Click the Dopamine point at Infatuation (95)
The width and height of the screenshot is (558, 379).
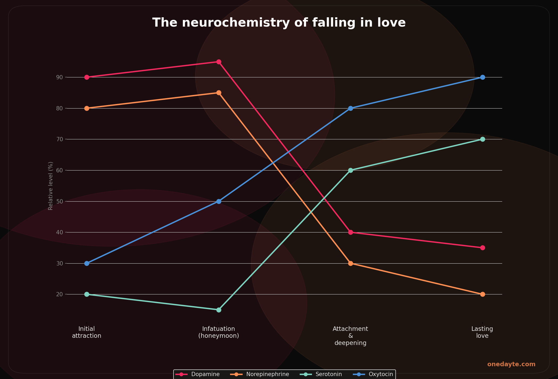(x=219, y=62)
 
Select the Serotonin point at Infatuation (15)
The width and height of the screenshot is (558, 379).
(x=219, y=310)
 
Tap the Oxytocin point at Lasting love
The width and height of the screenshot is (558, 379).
(x=483, y=77)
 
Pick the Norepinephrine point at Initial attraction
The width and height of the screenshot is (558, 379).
(x=87, y=108)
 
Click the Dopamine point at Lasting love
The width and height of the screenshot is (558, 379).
(x=483, y=248)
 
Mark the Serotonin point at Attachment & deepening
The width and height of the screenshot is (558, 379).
(x=350, y=170)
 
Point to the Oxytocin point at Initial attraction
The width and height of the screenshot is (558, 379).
(x=87, y=263)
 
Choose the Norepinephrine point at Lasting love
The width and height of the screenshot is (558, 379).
(x=483, y=294)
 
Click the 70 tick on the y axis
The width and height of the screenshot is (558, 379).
(x=60, y=139)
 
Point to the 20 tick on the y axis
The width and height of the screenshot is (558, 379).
(x=60, y=294)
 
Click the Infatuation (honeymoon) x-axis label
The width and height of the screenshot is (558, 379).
(x=219, y=332)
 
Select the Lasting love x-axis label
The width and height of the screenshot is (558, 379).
(x=482, y=332)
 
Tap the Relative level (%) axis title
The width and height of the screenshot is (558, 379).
(x=50, y=186)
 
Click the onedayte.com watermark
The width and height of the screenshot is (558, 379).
(x=511, y=364)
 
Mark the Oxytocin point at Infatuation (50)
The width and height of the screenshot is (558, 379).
(x=219, y=201)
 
